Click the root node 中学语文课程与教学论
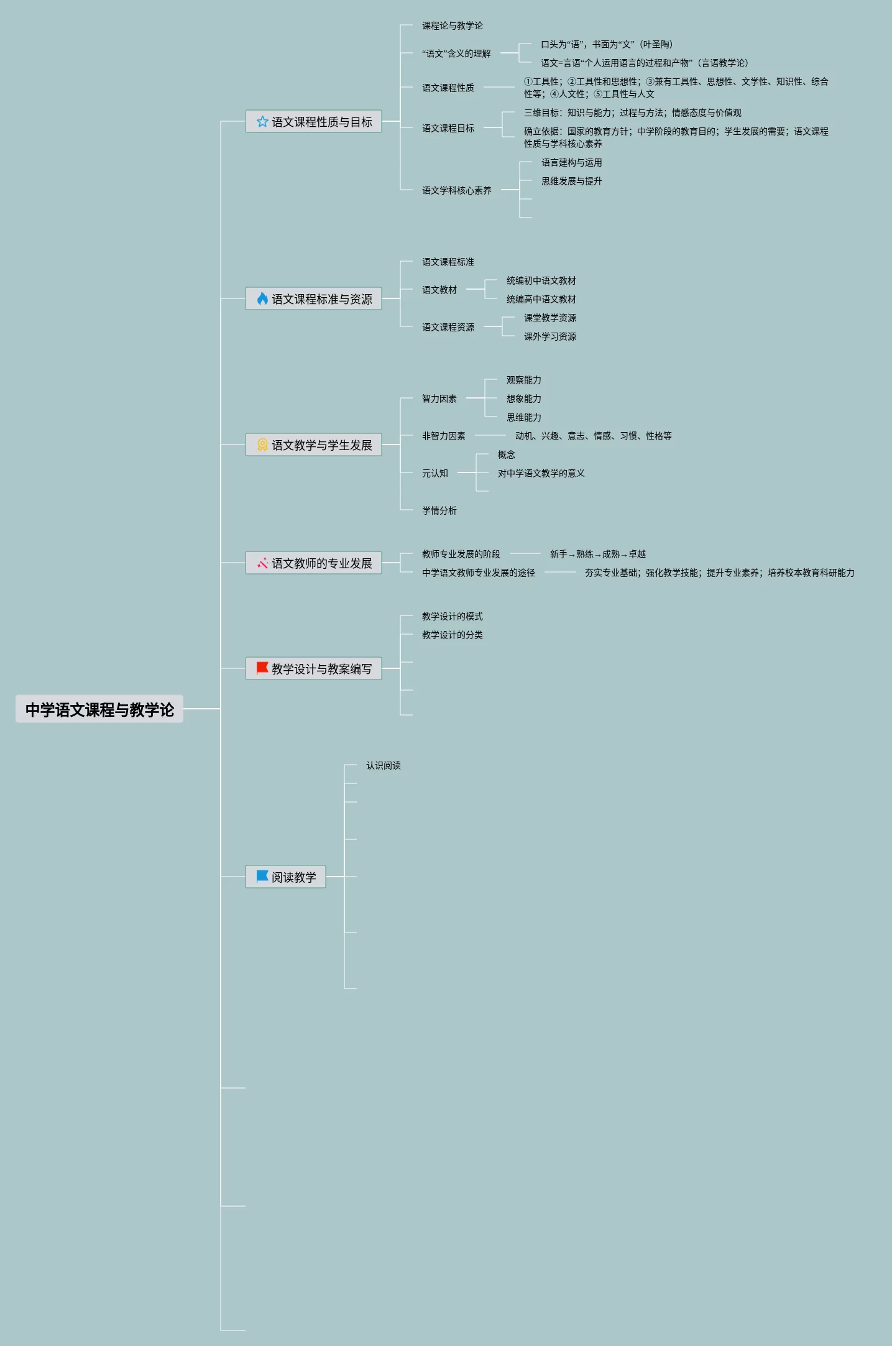click(99, 709)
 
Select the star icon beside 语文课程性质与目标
click(262, 122)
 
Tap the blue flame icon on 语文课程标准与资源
click(262, 299)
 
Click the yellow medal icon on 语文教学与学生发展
click(262, 445)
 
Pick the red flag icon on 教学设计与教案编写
click(262, 668)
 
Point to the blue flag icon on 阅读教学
click(262, 877)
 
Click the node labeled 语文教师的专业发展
click(321, 563)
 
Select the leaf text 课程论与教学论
click(452, 25)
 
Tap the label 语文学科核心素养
click(456, 190)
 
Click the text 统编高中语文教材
click(541, 299)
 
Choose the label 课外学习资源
click(549, 336)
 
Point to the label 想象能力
click(523, 399)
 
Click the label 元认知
click(435, 473)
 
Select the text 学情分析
click(439, 510)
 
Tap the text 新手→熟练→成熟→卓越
click(597, 554)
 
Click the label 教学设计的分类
click(452, 635)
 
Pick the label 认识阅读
click(383, 765)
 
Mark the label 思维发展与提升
click(571, 181)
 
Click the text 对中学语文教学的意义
click(541, 473)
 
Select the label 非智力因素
click(443, 436)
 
